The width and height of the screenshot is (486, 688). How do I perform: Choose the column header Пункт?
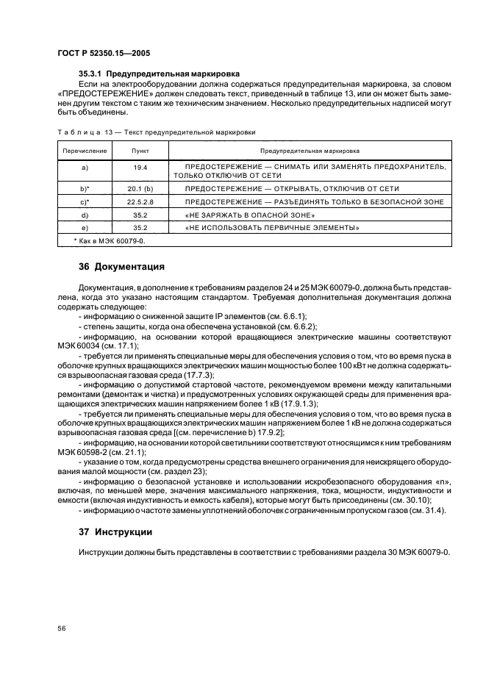140,150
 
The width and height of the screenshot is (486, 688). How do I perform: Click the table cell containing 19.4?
140,168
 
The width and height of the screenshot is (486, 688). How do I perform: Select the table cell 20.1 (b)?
140,189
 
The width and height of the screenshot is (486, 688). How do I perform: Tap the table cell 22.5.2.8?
140,201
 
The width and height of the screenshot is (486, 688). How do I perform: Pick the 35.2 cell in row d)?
140,215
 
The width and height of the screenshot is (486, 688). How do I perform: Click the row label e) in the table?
85,228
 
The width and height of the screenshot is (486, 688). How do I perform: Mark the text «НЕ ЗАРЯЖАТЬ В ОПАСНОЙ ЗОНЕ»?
250,215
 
